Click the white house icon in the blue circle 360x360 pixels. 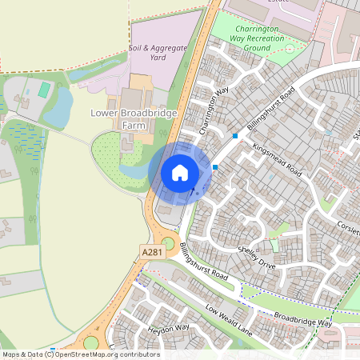(x=179, y=173)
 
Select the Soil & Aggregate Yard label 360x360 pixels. (x=158, y=53)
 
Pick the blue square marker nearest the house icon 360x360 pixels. (x=215, y=166)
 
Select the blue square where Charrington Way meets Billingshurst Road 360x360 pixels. (x=235, y=136)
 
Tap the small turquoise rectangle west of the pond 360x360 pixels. (x=44, y=90)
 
